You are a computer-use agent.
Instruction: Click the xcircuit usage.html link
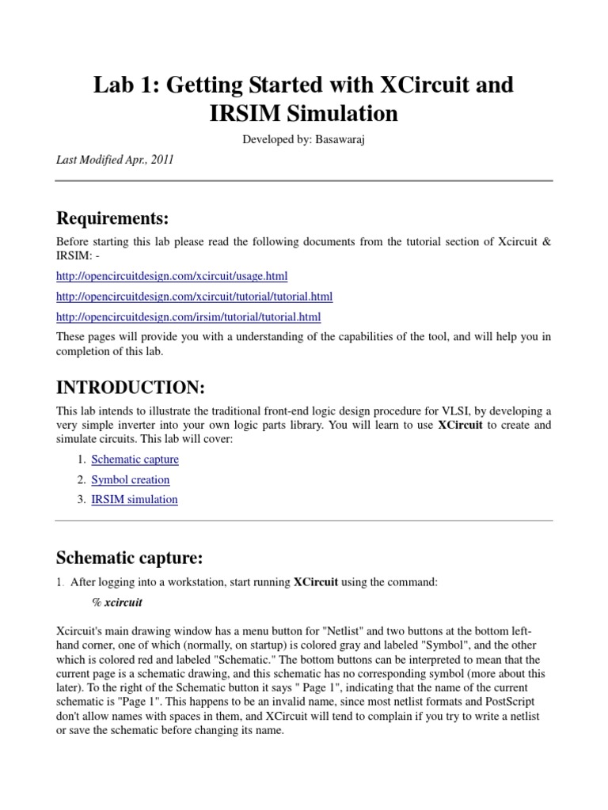172,276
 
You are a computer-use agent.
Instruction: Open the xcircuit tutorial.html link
195,297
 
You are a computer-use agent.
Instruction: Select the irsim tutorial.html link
188,317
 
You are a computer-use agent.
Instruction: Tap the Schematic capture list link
135,459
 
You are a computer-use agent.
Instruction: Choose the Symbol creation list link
131,479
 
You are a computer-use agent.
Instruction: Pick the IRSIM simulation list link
135,499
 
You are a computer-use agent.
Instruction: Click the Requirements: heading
112,218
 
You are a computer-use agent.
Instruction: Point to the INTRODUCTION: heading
131,388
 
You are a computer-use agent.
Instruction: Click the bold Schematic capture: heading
130,558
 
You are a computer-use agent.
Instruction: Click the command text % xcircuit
117,602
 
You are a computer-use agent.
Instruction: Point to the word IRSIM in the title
249,113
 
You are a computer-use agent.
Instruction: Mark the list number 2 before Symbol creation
81,479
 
